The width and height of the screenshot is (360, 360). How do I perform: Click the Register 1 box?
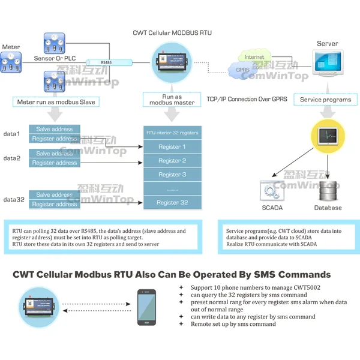pos(172,147)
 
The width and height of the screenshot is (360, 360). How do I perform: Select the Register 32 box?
pos(172,203)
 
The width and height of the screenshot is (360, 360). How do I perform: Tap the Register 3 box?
pos(172,175)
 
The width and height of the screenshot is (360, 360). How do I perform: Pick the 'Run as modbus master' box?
pos(172,100)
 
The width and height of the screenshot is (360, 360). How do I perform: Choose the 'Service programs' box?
pos(326,100)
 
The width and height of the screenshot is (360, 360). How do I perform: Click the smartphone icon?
pos(146,308)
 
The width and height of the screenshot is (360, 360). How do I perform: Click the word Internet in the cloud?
pos(254,58)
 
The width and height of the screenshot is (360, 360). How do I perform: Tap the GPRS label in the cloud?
pos(243,70)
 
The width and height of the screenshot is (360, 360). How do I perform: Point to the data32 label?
pos(14,199)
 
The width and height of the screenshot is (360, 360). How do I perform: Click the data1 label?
pos(12,133)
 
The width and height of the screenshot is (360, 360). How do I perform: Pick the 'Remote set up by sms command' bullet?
pos(234,324)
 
